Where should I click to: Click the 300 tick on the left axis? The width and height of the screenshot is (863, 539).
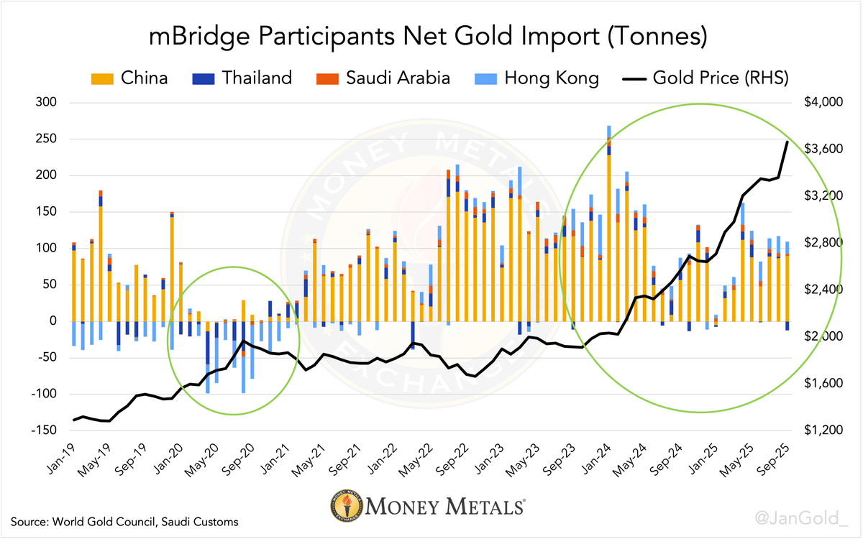tap(46, 103)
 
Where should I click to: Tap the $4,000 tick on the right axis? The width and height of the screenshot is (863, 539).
tap(821, 103)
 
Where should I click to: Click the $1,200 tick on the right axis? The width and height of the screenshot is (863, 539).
tap(821, 430)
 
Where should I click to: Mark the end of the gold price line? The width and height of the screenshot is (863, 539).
tap(787, 142)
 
